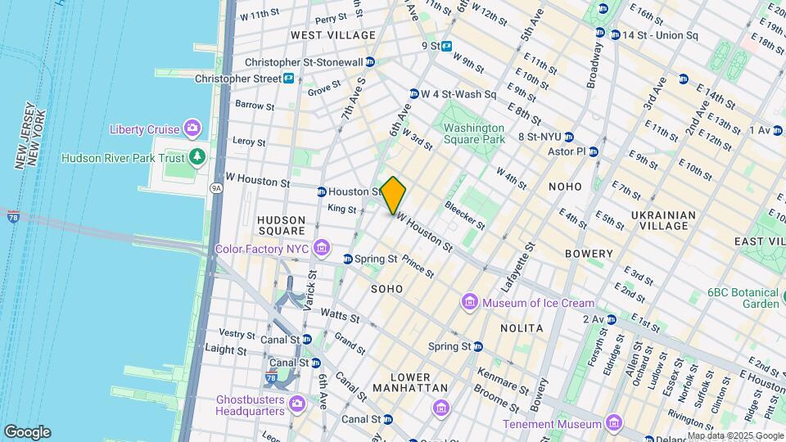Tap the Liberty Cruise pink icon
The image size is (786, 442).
click(x=192, y=129)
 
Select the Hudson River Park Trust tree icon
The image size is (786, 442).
click(x=195, y=156)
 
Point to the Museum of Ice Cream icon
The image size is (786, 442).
click(x=470, y=303)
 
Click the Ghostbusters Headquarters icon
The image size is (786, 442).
click(x=296, y=403)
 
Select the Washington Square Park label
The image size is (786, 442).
click(x=474, y=133)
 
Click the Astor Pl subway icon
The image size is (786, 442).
click(x=594, y=151)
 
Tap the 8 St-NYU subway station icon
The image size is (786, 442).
click(x=569, y=137)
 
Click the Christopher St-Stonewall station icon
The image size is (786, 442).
click(x=370, y=61)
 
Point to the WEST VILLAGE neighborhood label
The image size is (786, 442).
click(x=333, y=35)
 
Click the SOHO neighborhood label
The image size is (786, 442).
click(x=386, y=289)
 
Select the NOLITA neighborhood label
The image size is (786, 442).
click(x=522, y=327)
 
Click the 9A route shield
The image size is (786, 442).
click(x=216, y=187)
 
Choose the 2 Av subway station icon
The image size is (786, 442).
click(x=611, y=319)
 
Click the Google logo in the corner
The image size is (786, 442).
click(x=27, y=432)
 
